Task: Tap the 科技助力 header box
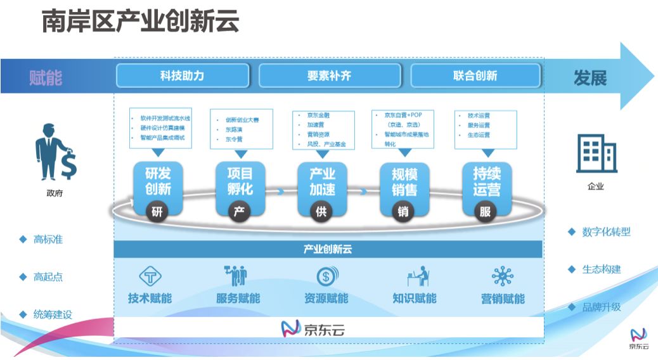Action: click(182, 75)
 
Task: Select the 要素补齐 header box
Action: click(329, 75)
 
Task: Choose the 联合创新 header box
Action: click(475, 75)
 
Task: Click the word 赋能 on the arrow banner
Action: click(46, 77)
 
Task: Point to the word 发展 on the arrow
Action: click(590, 77)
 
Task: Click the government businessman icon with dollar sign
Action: click(55, 151)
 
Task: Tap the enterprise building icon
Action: click(596, 155)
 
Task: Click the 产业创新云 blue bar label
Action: click(328, 249)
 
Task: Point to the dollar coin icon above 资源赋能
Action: click(327, 276)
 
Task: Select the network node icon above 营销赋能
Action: click(503, 276)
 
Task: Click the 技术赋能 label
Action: click(150, 299)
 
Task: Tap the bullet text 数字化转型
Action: click(606, 232)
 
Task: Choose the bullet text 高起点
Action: click(48, 277)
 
